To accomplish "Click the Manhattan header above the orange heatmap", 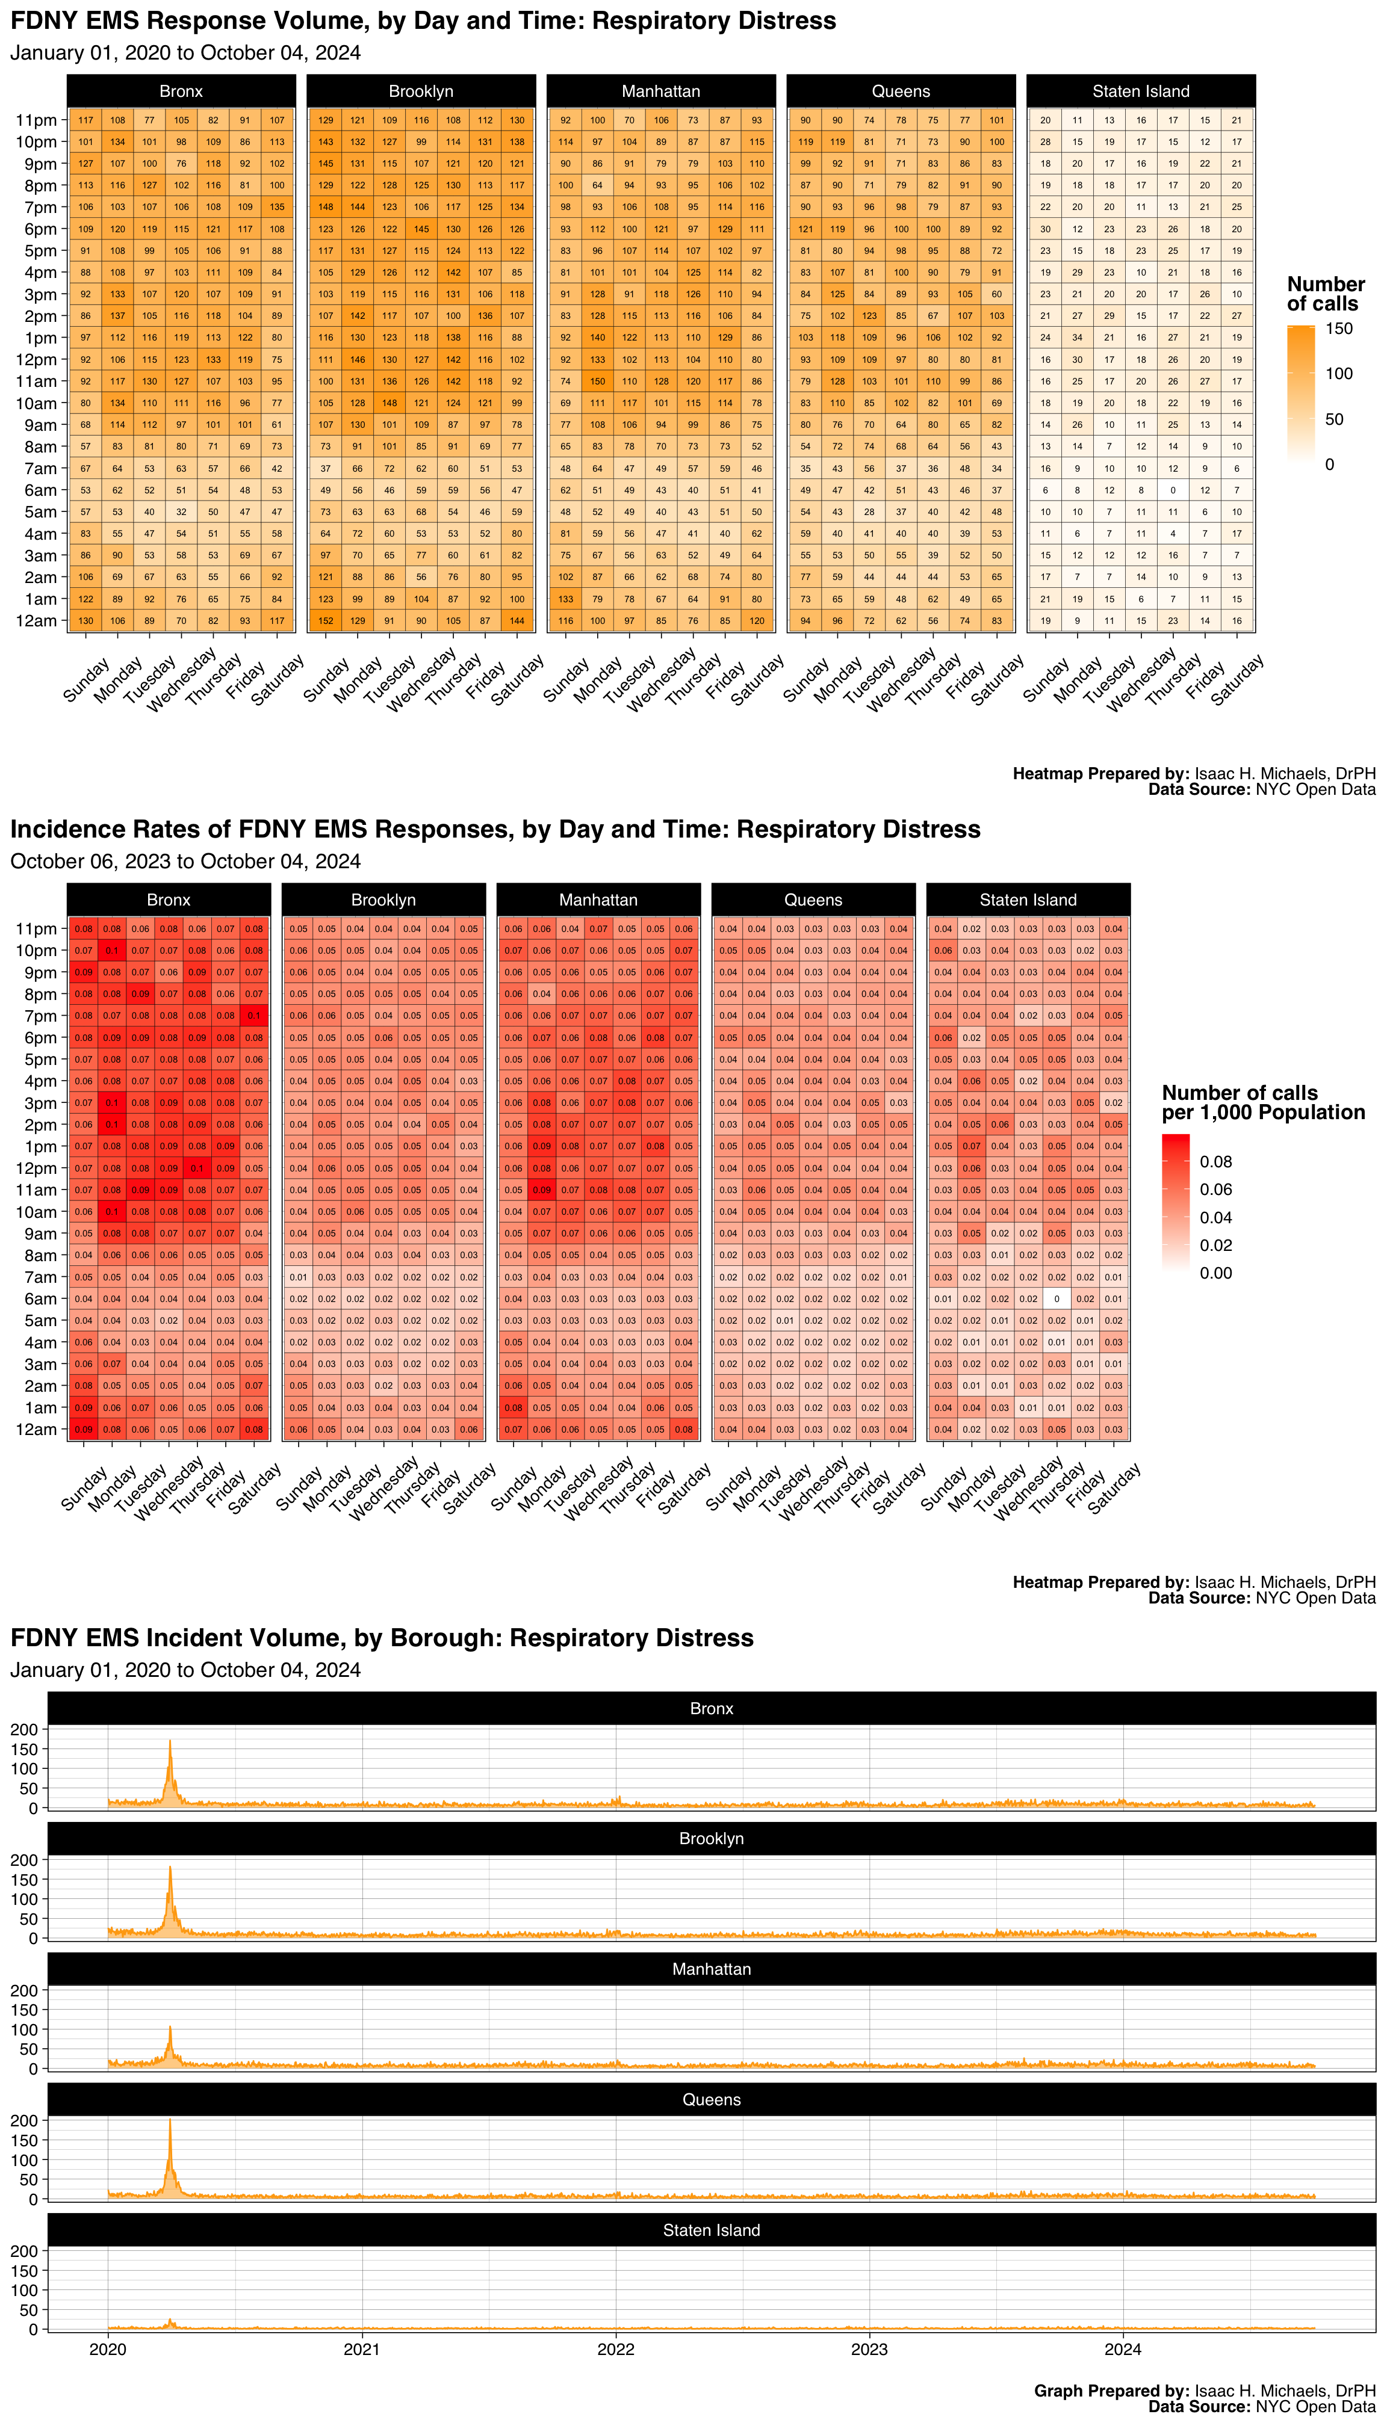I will tap(660, 91).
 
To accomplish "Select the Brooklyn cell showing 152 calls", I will tap(326, 621).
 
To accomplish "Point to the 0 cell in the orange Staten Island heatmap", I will tap(1173, 490).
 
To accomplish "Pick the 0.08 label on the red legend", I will tap(1215, 1162).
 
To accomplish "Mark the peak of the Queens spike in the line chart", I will tap(170, 2119).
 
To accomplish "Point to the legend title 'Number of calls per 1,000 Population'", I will tap(1262, 1102).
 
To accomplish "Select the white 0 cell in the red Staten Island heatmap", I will tap(1057, 1298).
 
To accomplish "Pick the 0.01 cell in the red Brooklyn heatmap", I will tap(298, 1277).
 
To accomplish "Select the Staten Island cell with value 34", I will tap(1078, 338).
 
